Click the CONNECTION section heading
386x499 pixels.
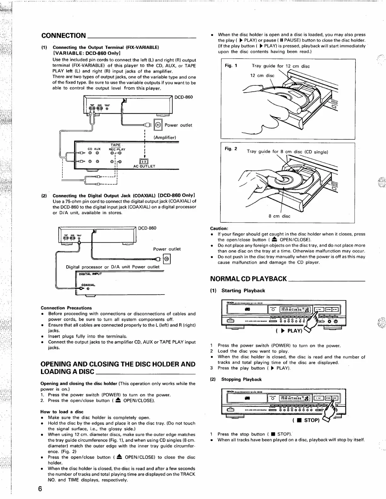[63, 35]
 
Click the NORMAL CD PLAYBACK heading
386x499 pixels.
[248, 278]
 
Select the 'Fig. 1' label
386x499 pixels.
[231, 66]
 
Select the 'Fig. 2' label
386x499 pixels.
[231, 149]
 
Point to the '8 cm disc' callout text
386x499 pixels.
[279, 216]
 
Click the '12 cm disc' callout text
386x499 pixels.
[262, 76]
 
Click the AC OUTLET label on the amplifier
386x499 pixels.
[144, 166]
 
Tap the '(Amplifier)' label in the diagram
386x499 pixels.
[165, 137]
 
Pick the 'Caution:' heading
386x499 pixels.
[219, 228]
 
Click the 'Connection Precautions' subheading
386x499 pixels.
[66, 308]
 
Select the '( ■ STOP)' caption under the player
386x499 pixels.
[306, 420]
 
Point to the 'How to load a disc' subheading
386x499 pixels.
[62, 412]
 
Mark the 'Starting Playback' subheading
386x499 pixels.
[243, 290]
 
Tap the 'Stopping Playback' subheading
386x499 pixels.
[241, 379]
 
